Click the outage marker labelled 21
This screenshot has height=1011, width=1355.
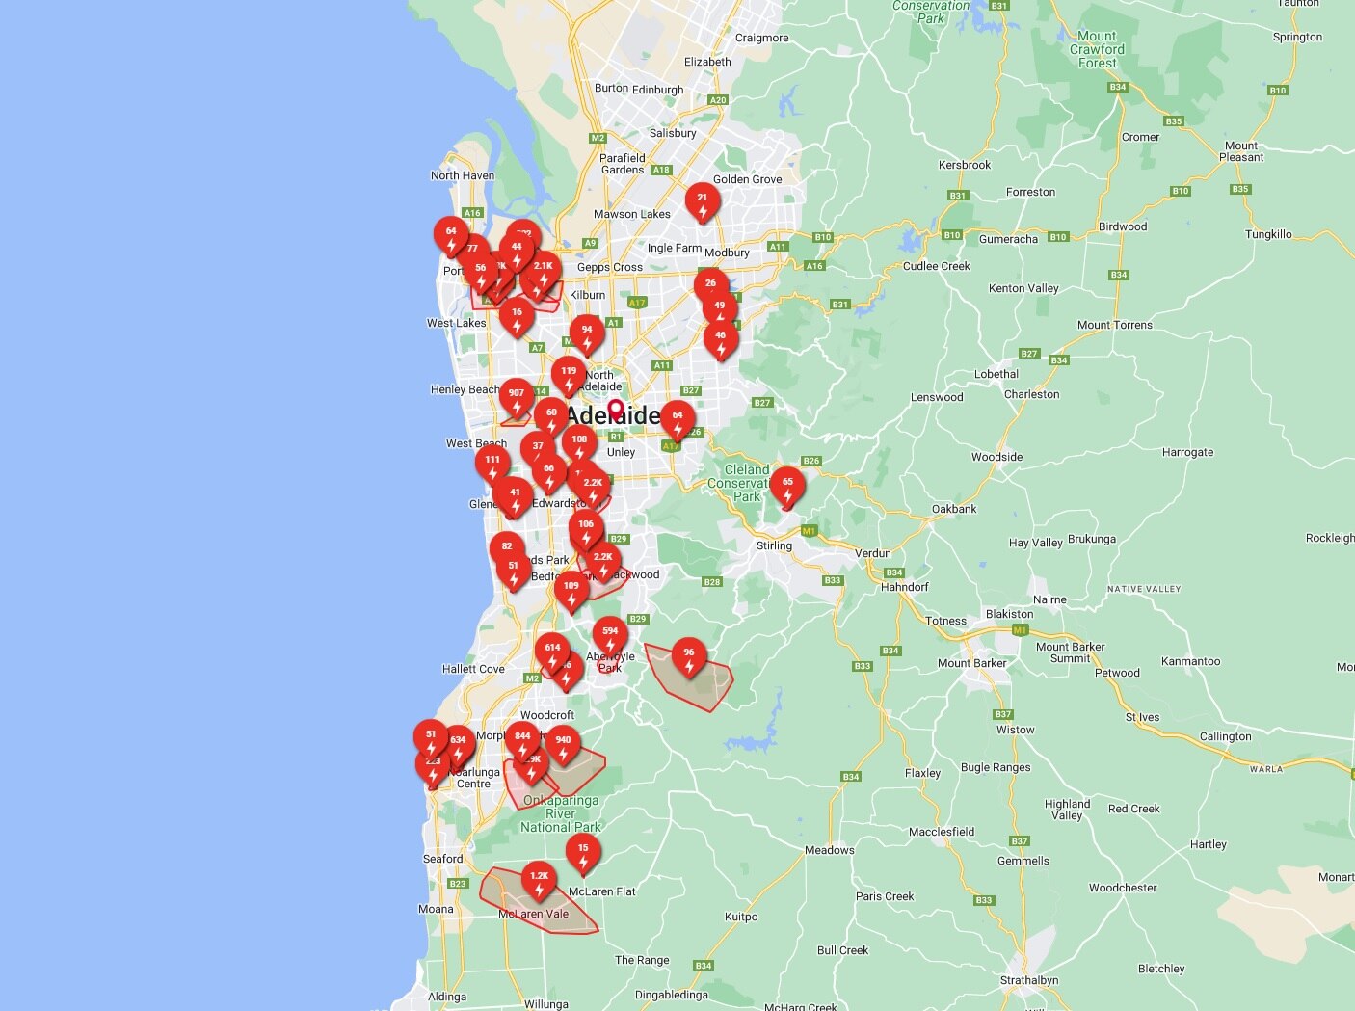pos(702,200)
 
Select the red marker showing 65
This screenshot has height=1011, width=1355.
pos(787,485)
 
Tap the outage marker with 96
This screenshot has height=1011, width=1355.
pos(688,655)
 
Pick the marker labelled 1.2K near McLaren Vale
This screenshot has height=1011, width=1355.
pos(539,879)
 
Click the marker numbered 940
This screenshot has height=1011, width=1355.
pos(563,744)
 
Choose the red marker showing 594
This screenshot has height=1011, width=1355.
pos(609,634)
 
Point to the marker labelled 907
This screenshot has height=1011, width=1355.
pos(517,396)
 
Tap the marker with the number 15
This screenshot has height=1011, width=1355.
pos(582,852)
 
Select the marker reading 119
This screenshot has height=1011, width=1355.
pos(569,374)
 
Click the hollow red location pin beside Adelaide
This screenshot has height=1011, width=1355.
pos(616,409)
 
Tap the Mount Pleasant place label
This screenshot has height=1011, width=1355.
pos(1241,151)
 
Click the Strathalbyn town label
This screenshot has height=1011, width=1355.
pos(1029,980)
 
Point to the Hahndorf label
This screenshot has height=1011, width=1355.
pos(904,586)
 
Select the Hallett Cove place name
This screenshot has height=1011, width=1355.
pos(473,669)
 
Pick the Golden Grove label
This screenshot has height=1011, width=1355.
pos(747,179)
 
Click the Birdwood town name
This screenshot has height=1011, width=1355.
pos(1123,226)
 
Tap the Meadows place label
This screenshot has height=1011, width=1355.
pos(829,850)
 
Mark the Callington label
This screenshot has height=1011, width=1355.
pos(1225,736)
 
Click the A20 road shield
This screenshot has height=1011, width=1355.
pos(718,100)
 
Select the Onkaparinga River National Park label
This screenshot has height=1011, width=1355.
pos(560,813)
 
